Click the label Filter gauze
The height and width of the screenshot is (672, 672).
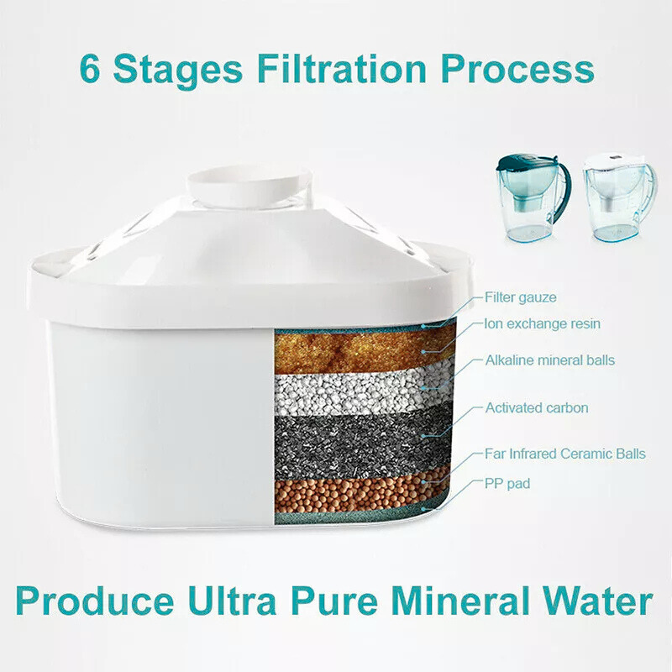click(520, 297)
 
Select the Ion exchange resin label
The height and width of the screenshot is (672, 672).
click(542, 323)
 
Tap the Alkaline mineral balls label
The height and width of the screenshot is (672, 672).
click(549, 360)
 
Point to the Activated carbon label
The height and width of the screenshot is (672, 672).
click(536, 408)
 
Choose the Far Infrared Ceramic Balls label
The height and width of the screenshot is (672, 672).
click(564, 454)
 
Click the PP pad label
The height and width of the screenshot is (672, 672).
click(507, 483)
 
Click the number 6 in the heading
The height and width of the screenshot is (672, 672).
click(90, 69)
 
